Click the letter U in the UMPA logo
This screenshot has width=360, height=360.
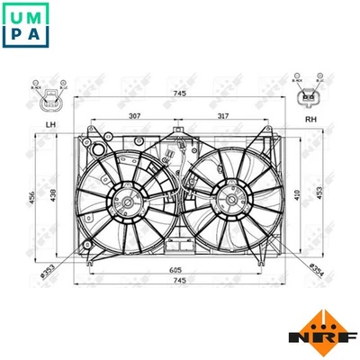click(x=16, y=15)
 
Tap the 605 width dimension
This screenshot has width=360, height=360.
click(x=176, y=260)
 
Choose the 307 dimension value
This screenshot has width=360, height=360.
click(x=134, y=115)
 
